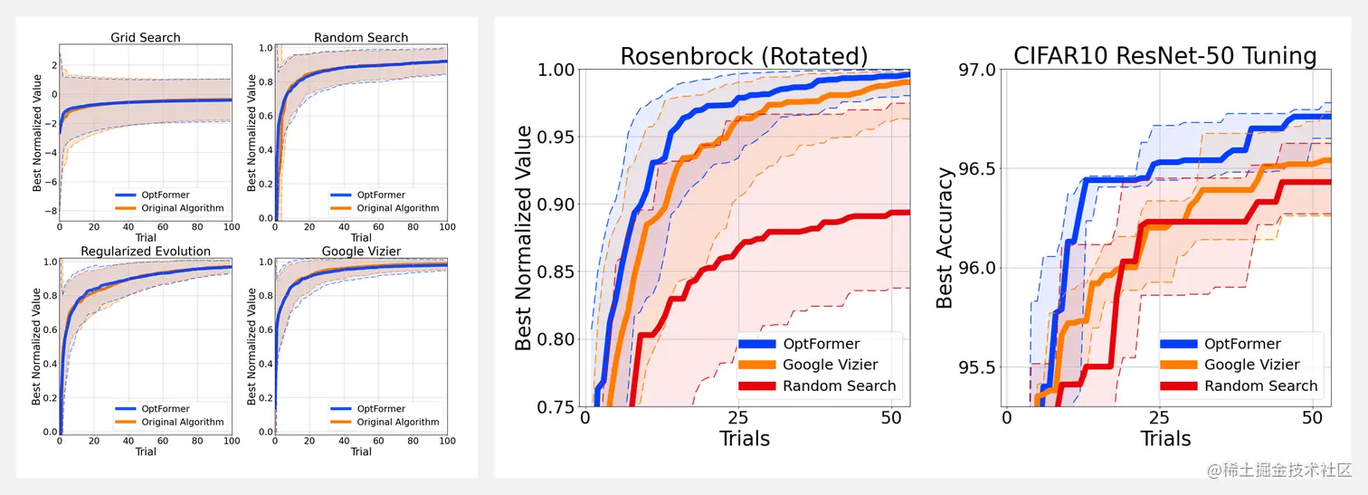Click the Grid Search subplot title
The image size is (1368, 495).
[x=146, y=38]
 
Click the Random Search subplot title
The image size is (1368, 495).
[x=361, y=38]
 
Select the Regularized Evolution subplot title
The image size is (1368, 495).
[x=146, y=252]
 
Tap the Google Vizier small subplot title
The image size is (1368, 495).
[x=361, y=252]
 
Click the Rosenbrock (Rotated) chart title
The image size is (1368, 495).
[x=744, y=56]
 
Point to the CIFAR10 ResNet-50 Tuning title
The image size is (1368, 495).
[x=1164, y=56]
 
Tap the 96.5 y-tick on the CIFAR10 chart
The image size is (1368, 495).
[x=976, y=169]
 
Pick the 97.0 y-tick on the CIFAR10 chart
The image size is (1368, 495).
[x=976, y=70]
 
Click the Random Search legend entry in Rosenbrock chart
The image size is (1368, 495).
[x=840, y=386]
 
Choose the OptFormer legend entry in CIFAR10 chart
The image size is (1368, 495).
[x=1242, y=344]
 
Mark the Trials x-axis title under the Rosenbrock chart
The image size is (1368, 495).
[x=744, y=439]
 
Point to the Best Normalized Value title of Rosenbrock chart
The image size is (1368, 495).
[x=524, y=238]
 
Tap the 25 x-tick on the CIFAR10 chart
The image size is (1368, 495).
[x=1159, y=418]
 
